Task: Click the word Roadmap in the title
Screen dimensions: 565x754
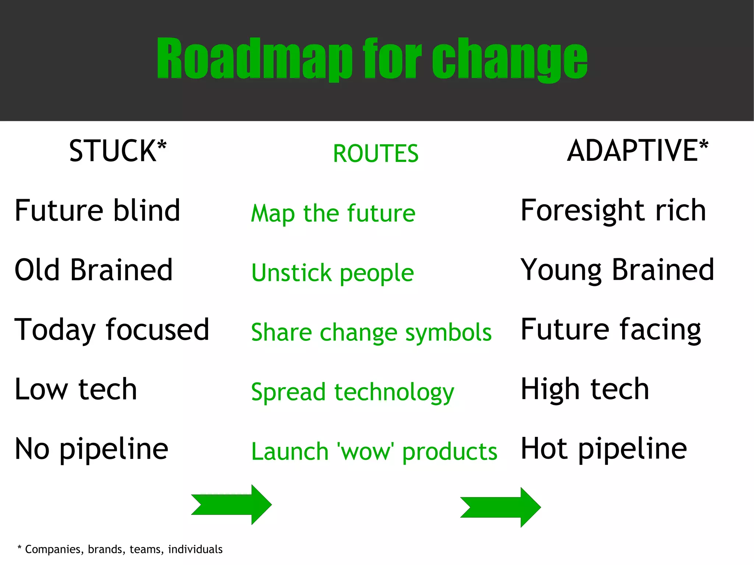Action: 254,59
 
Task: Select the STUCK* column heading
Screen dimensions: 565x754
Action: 118,151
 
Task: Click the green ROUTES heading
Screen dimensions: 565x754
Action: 376,153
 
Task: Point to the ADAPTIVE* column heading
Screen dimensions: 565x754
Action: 637,151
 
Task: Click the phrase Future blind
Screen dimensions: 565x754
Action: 97,211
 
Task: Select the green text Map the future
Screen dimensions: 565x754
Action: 333,213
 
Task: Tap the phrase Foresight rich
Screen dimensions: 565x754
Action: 613,211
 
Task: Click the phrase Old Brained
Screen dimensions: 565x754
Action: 94,270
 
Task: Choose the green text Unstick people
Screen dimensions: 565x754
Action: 332,273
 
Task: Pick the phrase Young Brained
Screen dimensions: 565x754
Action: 617,270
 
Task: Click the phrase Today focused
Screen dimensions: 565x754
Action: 112,330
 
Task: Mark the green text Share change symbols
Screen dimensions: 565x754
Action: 371,333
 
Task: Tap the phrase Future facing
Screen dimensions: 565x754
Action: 611,330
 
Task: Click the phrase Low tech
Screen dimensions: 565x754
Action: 76,389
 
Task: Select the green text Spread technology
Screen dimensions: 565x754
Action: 352,392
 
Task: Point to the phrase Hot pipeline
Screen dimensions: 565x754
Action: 604,449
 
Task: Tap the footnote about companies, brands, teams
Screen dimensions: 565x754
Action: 120,549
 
